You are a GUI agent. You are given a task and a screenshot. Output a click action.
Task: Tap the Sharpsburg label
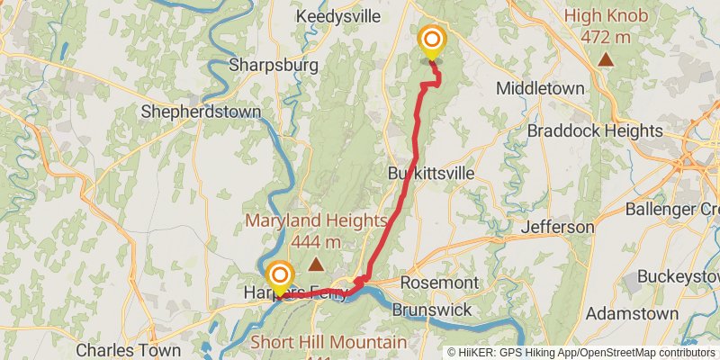(x=262, y=65)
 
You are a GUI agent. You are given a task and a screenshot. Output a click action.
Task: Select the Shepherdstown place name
(x=202, y=112)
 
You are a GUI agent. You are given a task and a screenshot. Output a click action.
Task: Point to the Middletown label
(x=541, y=88)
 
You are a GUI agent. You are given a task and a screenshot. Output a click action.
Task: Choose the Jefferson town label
(x=558, y=227)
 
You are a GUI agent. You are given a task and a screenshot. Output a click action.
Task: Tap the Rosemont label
(x=439, y=283)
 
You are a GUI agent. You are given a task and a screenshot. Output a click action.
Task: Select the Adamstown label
(x=632, y=314)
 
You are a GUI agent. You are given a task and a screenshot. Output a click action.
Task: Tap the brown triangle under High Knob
(x=607, y=60)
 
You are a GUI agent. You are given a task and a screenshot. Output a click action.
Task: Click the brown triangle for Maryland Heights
(x=316, y=264)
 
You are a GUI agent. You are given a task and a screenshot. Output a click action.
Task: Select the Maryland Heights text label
(x=316, y=230)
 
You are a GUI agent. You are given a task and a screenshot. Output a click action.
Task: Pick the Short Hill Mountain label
(x=328, y=343)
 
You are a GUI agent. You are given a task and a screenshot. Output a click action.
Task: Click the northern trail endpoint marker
(x=432, y=40)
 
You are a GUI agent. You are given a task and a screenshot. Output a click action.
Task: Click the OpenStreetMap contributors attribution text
(x=647, y=352)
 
